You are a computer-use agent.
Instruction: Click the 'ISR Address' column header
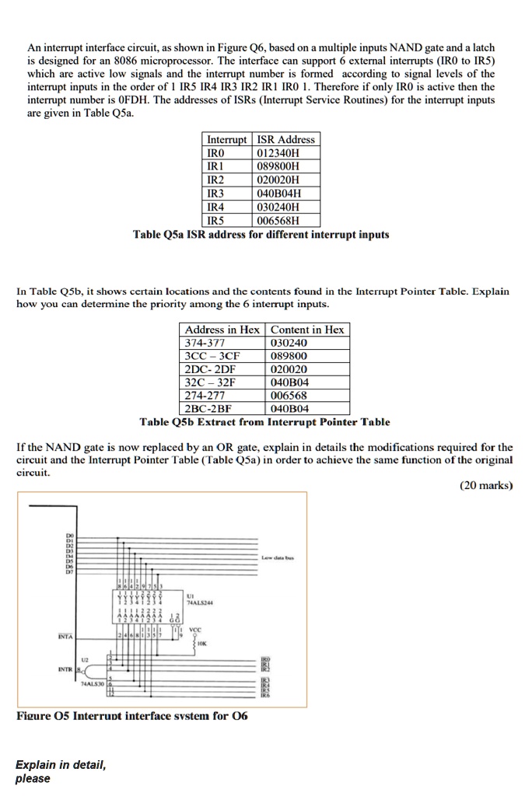(x=286, y=139)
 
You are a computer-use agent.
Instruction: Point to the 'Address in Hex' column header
(x=222, y=330)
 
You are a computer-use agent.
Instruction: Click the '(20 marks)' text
(x=487, y=485)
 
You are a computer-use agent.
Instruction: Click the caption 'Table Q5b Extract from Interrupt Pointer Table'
(x=264, y=422)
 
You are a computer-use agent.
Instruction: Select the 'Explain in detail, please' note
(x=61, y=771)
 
